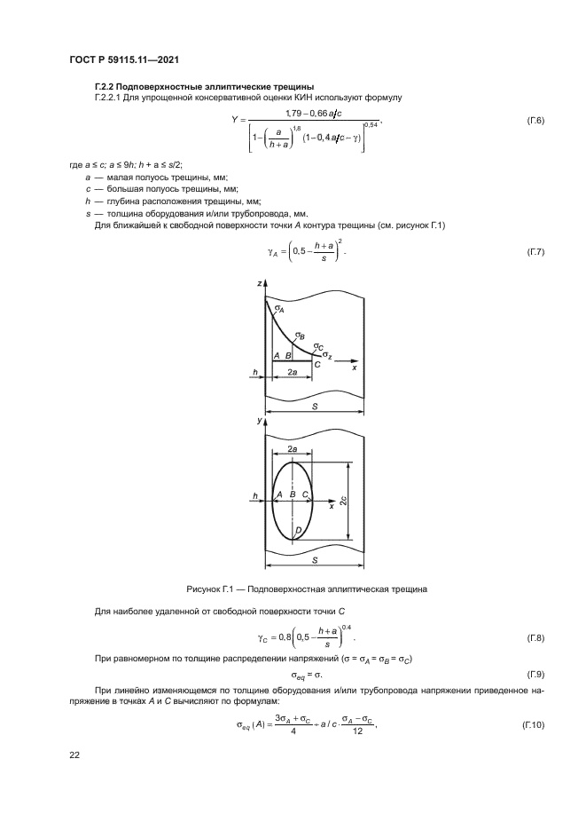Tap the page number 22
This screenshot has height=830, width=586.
(74, 755)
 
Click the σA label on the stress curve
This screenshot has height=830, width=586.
(279, 308)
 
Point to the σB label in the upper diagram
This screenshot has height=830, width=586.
(301, 336)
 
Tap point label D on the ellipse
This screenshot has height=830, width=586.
(297, 530)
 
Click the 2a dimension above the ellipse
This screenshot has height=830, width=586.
(292, 450)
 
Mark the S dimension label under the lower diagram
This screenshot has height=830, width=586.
(314, 561)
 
